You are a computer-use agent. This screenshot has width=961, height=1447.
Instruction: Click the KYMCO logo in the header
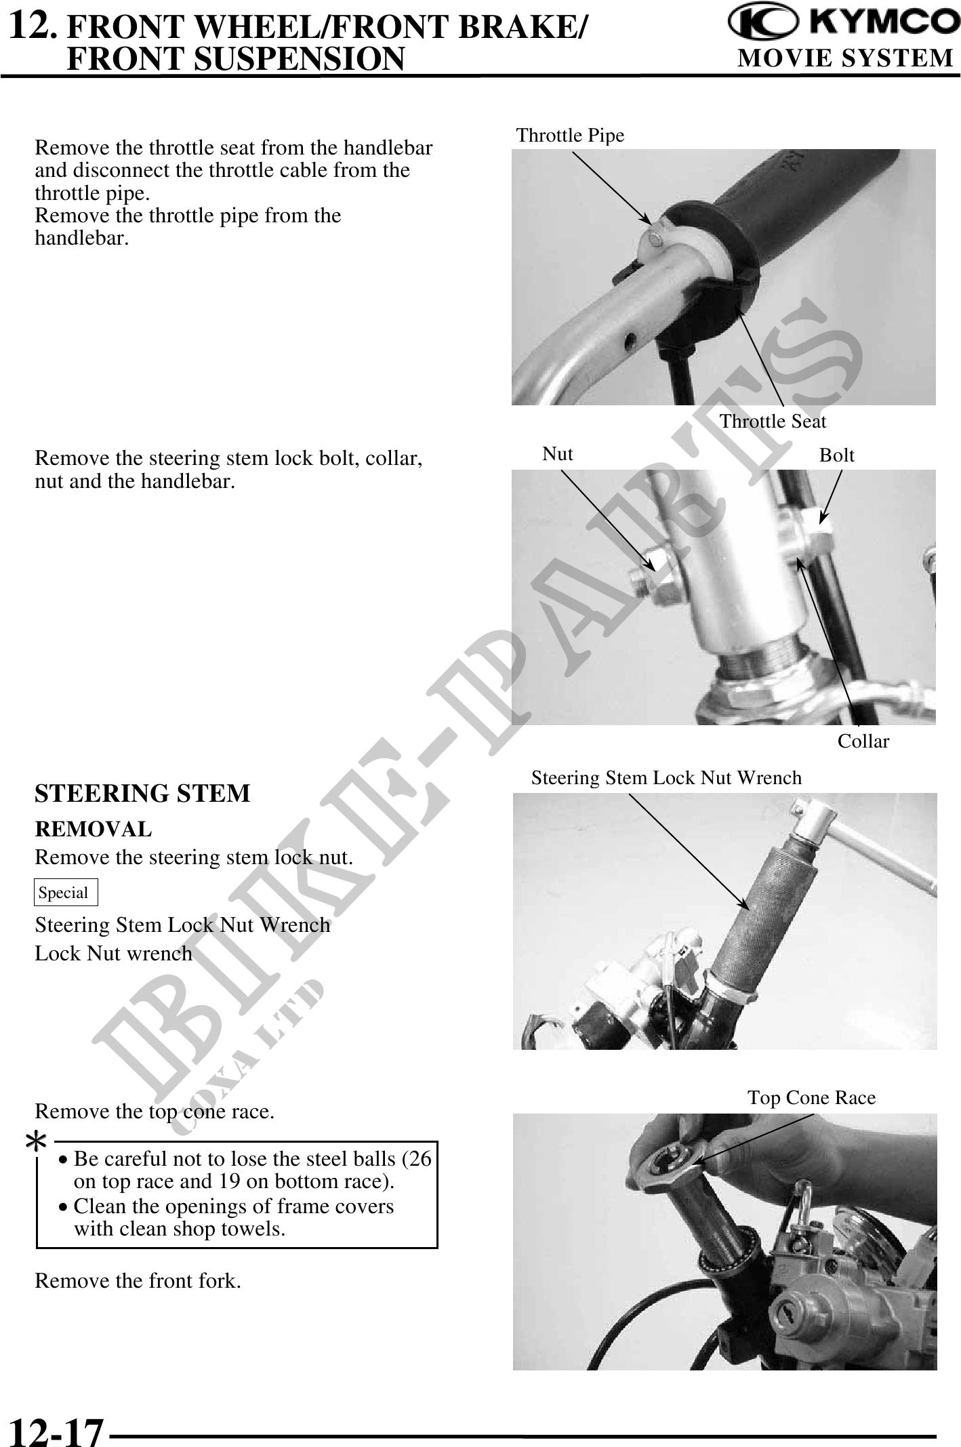844,26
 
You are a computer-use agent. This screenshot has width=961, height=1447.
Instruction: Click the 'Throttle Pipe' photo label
571,136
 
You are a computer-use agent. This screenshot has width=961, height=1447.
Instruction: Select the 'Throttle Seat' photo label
773,422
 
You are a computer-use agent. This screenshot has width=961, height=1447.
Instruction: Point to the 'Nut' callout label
558,454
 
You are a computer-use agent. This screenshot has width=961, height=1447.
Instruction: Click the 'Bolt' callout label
837,455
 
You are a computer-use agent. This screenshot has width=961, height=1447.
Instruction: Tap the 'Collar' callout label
863,741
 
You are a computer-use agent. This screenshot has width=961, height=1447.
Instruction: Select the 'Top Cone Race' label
811,1097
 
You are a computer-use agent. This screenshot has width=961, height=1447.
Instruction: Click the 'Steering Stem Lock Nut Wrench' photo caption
666,777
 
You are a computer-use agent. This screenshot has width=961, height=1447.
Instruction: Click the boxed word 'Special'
64,893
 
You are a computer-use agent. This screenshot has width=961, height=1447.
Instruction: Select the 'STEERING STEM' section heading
142,793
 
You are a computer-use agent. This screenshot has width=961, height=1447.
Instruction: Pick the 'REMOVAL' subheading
94,828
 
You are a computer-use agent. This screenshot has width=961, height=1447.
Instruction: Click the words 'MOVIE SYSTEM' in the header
845,59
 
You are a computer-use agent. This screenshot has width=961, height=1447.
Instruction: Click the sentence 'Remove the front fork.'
138,1281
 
